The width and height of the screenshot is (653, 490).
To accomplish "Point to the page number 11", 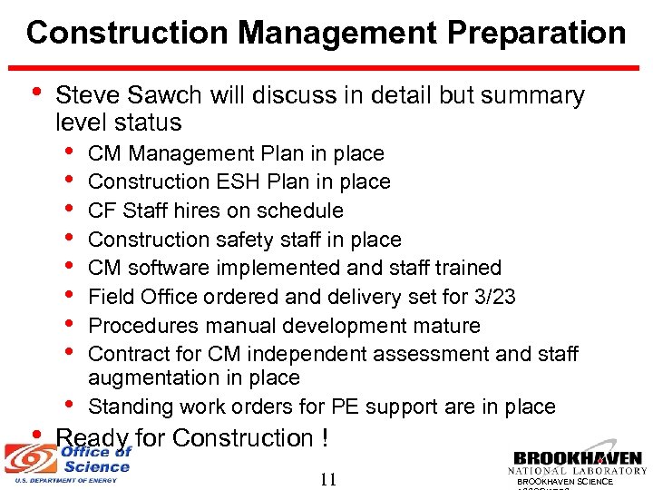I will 327,479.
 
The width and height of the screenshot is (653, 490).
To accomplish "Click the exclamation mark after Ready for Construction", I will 324,438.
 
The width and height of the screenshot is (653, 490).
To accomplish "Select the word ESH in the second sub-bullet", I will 237,181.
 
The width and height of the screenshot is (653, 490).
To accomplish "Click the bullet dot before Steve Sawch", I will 34,93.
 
